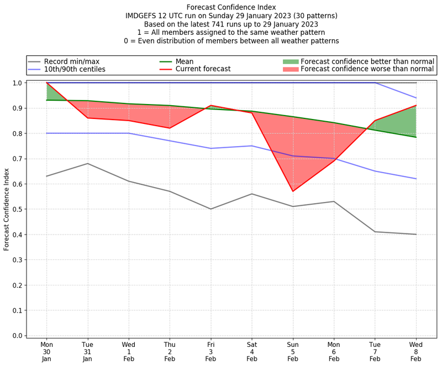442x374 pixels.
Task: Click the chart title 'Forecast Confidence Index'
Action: click(231, 7)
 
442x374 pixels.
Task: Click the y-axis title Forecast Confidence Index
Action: click(7, 209)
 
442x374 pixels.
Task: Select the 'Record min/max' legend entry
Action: click(72, 61)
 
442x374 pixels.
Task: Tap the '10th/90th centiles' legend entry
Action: click(75, 70)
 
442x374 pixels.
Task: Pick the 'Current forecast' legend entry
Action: click(203, 70)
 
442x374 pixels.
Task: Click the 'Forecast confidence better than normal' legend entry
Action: click(367, 61)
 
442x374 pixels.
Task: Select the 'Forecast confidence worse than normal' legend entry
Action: click(367, 70)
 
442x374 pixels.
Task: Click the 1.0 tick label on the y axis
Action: click(17, 83)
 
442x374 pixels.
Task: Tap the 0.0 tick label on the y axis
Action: click(17, 336)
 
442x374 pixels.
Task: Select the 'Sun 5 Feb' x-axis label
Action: click(293, 351)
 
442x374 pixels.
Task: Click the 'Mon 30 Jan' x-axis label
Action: click(46, 351)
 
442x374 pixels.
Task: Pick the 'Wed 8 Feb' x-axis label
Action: click(416, 351)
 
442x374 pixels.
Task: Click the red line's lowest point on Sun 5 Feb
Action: click(293, 191)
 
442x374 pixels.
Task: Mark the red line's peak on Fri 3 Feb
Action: click(211, 105)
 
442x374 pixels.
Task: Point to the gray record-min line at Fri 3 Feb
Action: click(211, 209)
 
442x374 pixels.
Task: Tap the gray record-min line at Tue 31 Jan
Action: click(87, 163)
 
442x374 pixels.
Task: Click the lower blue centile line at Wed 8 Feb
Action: click(416, 179)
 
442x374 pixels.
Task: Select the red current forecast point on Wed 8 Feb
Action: click(416, 105)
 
